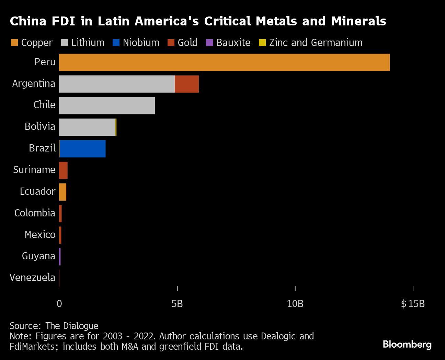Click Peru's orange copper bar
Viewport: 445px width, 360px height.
click(224, 63)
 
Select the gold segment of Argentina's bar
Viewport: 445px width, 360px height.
click(187, 84)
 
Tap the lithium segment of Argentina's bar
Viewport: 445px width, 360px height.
click(117, 84)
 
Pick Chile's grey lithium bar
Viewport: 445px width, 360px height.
click(107, 106)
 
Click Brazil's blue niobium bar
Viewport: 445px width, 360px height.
click(82, 149)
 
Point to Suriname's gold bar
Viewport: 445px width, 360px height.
click(63, 170)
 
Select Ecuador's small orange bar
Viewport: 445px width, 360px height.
click(62, 192)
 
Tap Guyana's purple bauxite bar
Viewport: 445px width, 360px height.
click(60, 257)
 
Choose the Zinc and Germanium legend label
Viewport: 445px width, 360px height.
click(316, 43)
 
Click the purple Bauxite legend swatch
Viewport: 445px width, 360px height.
click(209, 43)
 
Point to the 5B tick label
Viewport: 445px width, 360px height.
click(177, 304)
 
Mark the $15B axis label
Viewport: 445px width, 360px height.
click(413, 304)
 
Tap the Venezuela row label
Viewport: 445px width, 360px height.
click(32, 278)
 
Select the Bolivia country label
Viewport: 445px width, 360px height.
click(40, 126)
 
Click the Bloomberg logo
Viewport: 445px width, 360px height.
click(407, 344)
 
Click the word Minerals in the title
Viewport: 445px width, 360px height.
click(358, 21)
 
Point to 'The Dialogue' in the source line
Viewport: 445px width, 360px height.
click(72, 326)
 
